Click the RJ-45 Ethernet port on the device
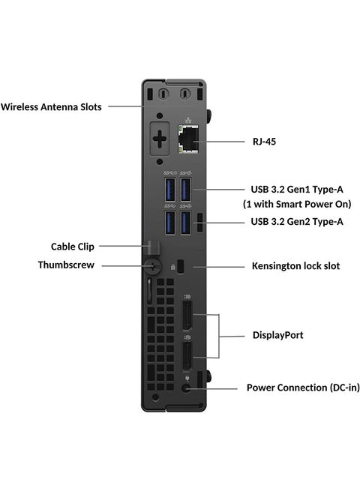[188, 139]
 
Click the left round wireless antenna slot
[159, 95]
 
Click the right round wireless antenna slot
[185, 95]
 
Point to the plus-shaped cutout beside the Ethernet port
[160, 140]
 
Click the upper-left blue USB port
[170, 187]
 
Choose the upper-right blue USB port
[187, 187]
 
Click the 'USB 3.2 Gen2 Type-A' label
[296, 221]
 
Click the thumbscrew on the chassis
[153, 265]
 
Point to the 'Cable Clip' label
[72, 245]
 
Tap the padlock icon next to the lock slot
[173, 266]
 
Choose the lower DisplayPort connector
[185, 358]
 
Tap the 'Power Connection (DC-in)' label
[303, 388]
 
